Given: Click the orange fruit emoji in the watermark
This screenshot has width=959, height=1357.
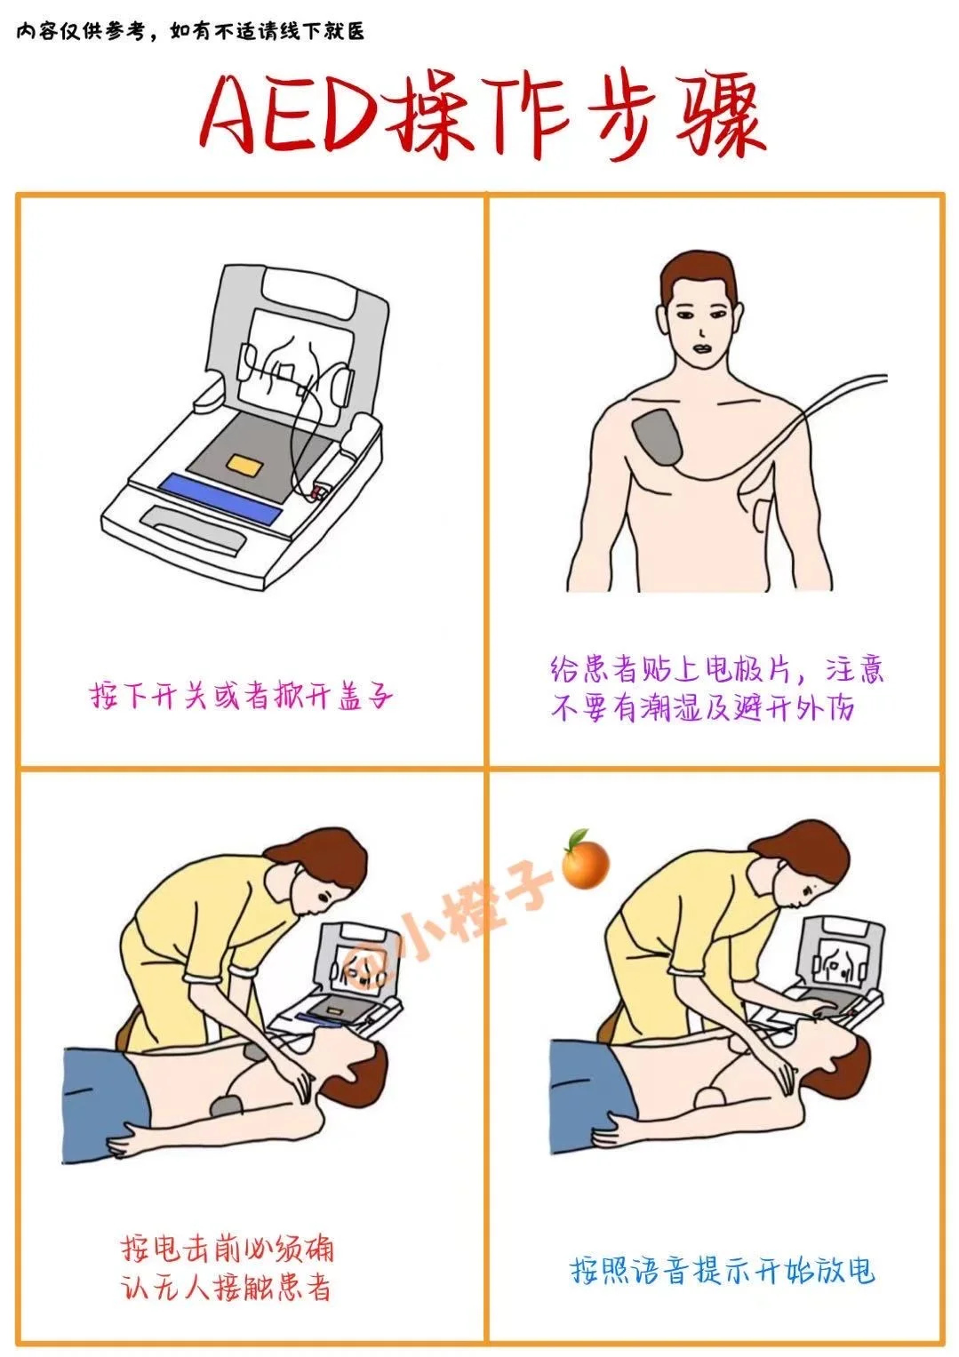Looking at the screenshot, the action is click(x=585, y=858).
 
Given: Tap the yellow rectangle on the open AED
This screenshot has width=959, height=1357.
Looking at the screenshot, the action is click(x=245, y=466).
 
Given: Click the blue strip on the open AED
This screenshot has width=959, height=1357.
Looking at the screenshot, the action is click(x=220, y=499).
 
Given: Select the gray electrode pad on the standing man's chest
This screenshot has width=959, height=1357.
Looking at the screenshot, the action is click(x=658, y=437).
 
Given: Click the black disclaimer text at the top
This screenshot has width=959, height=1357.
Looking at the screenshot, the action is click(x=190, y=31).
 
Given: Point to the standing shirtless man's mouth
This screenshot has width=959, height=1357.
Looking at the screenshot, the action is click(x=705, y=349).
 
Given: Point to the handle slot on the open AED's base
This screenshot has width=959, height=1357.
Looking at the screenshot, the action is click(x=195, y=527).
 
